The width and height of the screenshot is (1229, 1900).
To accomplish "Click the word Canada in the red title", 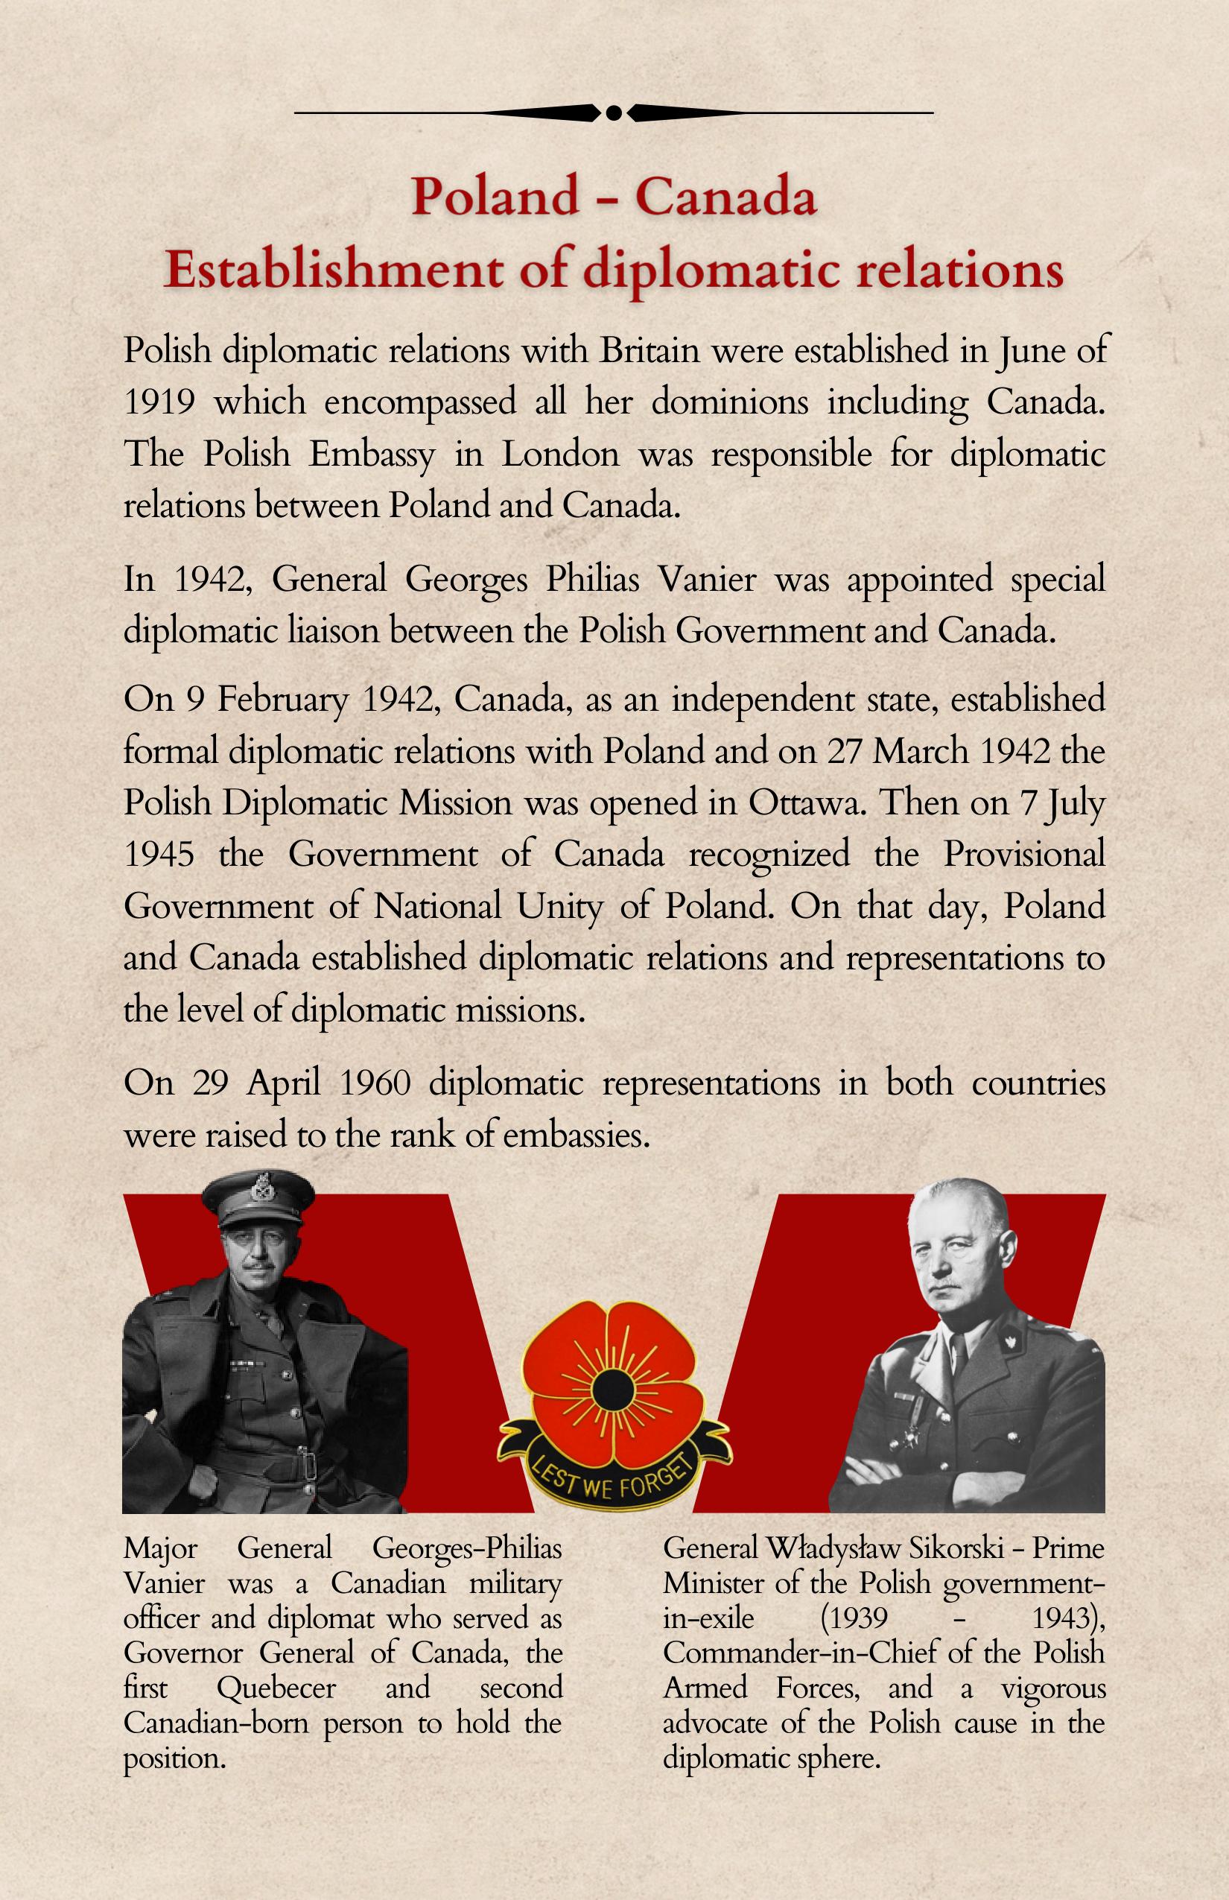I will (725, 197).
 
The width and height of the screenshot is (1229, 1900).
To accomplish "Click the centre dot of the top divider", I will (614, 113).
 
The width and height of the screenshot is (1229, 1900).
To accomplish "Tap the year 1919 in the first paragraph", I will (159, 402).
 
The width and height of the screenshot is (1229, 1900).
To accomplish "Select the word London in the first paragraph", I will (560, 455).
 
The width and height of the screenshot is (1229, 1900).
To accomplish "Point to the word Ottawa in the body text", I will (806, 802).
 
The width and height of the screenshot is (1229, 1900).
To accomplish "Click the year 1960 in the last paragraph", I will (375, 1083).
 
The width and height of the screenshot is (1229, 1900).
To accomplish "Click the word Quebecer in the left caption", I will (276, 1687).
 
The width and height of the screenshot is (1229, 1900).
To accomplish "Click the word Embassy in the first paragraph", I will (372, 455).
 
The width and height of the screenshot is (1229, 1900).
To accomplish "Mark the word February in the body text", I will (283, 700).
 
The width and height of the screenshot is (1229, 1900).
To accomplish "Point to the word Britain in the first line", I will (650, 350).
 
